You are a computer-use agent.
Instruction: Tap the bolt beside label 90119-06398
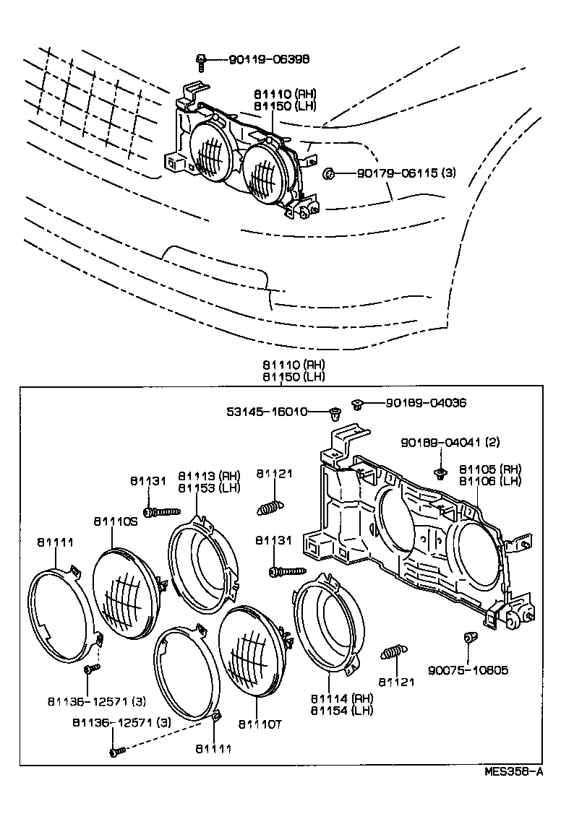pyautogui.click(x=201, y=62)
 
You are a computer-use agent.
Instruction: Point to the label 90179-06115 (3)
pyautogui.click(x=406, y=173)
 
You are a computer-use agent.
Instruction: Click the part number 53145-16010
pyautogui.click(x=267, y=411)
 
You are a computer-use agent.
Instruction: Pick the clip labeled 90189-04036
pyautogui.click(x=356, y=402)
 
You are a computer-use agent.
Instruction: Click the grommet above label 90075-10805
pyautogui.click(x=468, y=638)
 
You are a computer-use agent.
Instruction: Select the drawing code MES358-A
pyautogui.click(x=513, y=772)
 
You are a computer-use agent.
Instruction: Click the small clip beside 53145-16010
pyautogui.click(x=334, y=414)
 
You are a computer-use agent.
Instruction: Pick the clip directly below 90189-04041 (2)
pyautogui.click(x=440, y=473)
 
